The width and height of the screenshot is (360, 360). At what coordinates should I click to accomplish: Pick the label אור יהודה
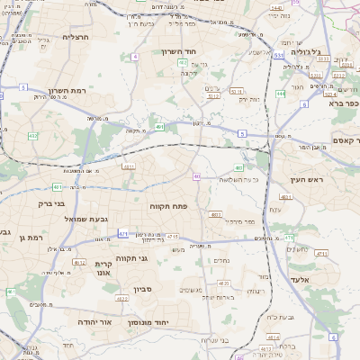94,321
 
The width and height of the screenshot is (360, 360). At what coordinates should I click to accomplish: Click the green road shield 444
281,94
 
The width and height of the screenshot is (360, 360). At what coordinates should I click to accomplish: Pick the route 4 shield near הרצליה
134,57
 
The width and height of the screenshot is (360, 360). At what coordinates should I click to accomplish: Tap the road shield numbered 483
215,215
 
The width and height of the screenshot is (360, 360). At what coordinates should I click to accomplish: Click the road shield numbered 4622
121,298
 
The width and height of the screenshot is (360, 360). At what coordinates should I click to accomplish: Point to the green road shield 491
159,127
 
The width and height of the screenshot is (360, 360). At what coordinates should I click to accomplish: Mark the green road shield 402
183,64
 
